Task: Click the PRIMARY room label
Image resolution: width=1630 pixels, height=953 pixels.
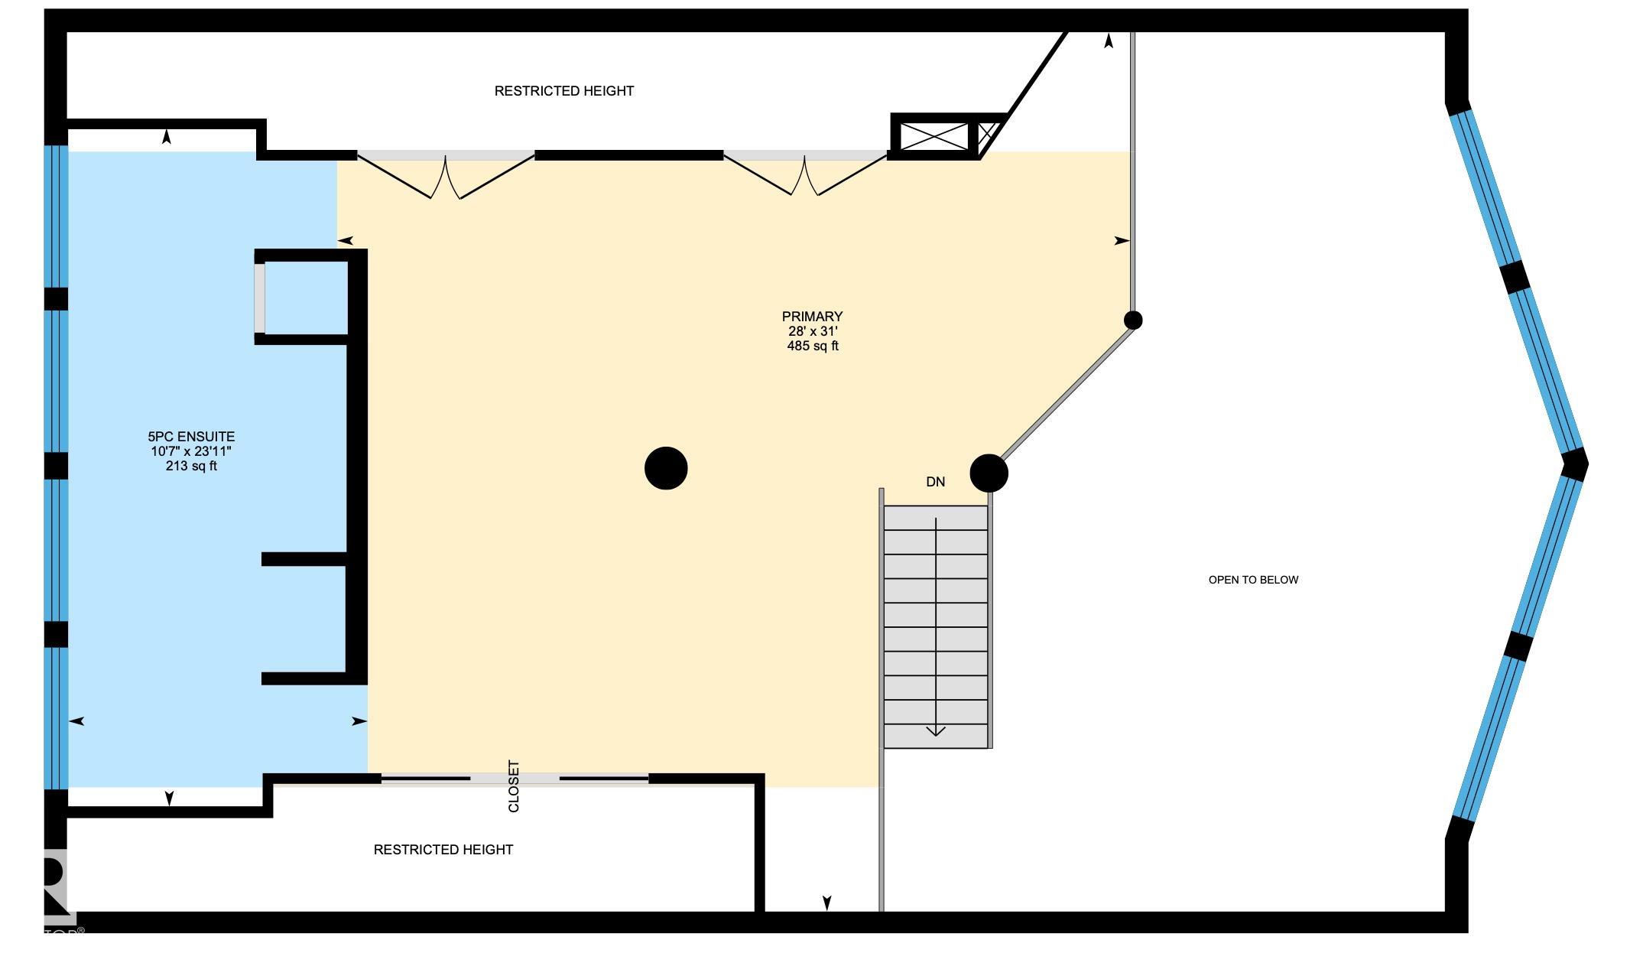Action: click(812, 317)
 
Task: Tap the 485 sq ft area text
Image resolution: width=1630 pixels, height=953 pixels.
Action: click(812, 346)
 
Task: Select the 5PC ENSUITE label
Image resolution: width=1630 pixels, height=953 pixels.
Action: click(191, 437)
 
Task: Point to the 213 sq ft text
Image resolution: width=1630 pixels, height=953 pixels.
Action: click(191, 466)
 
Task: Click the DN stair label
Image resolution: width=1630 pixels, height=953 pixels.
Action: click(935, 482)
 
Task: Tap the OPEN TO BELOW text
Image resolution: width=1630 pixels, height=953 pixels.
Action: click(1253, 580)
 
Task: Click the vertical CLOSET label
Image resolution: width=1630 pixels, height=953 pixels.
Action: click(514, 786)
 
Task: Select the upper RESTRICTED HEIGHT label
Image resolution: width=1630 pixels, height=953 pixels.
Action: click(564, 91)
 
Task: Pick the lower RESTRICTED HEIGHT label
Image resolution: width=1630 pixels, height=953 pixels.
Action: click(443, 850)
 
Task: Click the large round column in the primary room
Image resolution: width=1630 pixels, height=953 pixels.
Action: click(666, 468)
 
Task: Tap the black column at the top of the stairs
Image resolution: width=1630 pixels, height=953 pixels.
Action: click(989, 473)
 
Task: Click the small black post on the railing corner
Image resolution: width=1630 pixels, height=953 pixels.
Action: click(1133, 320)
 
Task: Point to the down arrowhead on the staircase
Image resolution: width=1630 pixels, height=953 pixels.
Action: click(936, 730)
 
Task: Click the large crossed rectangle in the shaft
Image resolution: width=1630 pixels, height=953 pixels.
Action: click(934, 137)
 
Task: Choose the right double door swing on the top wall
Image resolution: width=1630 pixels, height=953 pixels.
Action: click(804, 176)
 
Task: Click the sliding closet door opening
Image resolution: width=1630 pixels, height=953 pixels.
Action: click(515, 779)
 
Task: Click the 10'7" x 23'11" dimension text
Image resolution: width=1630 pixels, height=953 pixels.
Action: click(191, 451)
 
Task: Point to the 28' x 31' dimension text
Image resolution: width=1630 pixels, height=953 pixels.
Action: click(813, 331)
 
